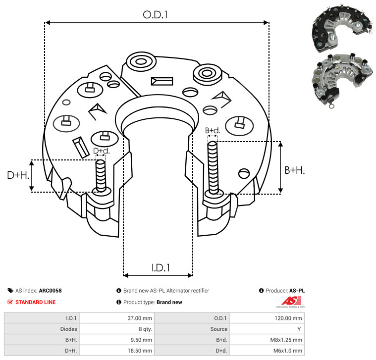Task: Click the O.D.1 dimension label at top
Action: pyautogui.click(x=155, y=15)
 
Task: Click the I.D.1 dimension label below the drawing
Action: pyautogui.click(x=161, y=268)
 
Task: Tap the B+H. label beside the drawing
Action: pyautogui.click(x=294, y=170)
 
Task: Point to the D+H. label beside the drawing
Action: pyautogui.click(x=18, y=175)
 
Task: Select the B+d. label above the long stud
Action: pyautogui.click(x=213, y=130)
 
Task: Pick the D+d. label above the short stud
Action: pyautogui.click(x=101, y=151)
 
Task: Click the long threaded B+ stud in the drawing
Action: pyautogui.click(x=213, y=167)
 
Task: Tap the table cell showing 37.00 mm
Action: pyautogui.click(x=140, y=318)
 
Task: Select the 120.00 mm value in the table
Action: pyautogui.click(x=288, y=318)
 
